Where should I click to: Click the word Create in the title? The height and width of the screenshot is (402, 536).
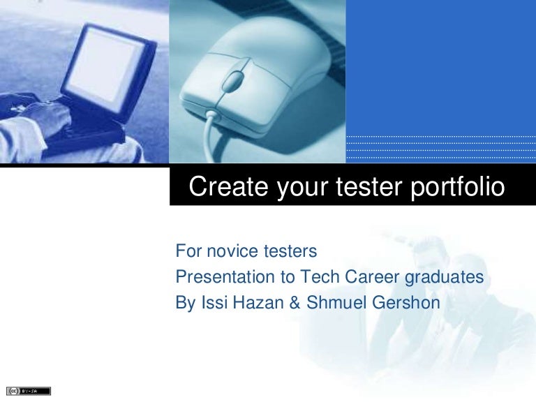tap(223, 187)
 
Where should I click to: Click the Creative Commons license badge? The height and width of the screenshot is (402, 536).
tap(29, 391)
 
